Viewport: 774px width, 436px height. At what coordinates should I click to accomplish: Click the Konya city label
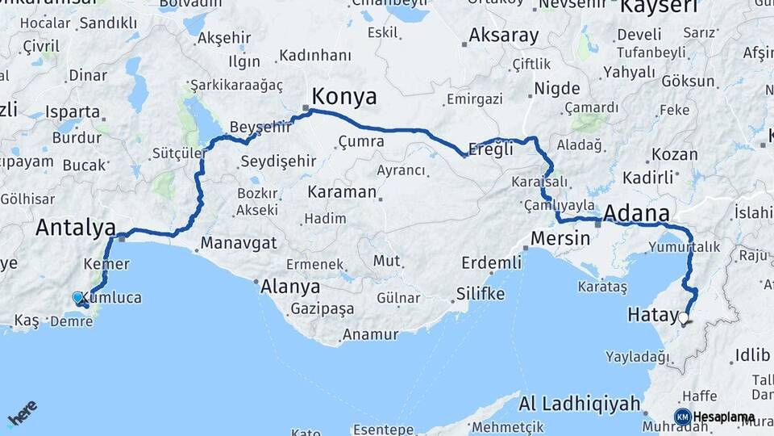(343, 97)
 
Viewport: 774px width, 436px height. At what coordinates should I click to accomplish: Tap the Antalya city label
(75, 228)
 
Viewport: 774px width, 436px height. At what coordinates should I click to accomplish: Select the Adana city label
(636, 214)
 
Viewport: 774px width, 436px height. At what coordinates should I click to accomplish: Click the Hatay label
(652, 315)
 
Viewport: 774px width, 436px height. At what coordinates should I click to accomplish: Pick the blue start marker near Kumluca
(77, 298)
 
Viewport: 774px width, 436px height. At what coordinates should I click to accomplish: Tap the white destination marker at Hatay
(685, 318)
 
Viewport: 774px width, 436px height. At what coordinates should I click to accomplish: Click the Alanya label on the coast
(289, 287)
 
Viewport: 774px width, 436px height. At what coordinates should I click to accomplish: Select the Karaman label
(342, 192)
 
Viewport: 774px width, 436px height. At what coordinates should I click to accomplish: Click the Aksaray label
(503, 36)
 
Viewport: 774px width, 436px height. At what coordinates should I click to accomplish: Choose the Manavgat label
(239, 243)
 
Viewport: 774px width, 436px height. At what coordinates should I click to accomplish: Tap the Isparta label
(73, 112)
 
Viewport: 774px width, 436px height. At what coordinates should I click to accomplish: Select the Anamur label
(370, 334)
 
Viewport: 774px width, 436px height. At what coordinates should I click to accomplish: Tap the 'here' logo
(22, 414)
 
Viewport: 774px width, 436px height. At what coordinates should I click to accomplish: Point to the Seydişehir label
(278, 161)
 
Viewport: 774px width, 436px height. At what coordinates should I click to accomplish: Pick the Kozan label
(674, 154)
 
